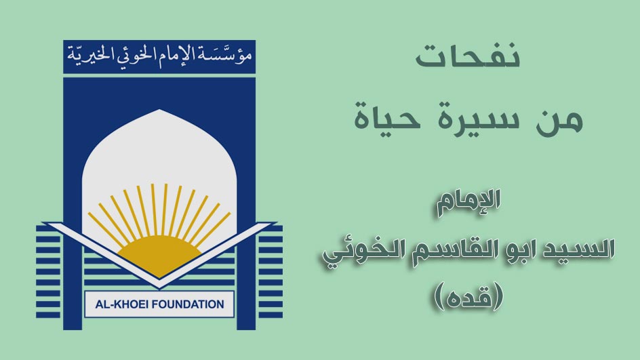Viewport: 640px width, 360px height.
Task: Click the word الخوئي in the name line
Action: [x=357, y=251]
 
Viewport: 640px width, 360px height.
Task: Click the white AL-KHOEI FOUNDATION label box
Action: [x=159, y=304]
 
